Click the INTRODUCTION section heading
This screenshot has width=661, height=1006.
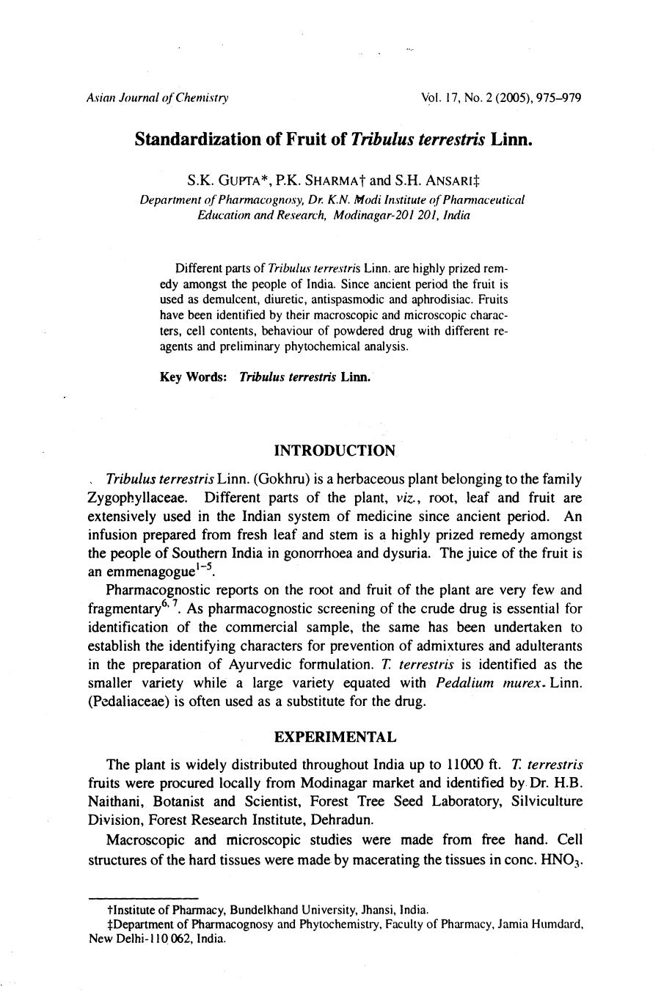pos(334,450)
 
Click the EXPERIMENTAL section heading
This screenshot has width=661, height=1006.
pos(335,737)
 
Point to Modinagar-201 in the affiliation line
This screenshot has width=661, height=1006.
pos(375,215)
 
